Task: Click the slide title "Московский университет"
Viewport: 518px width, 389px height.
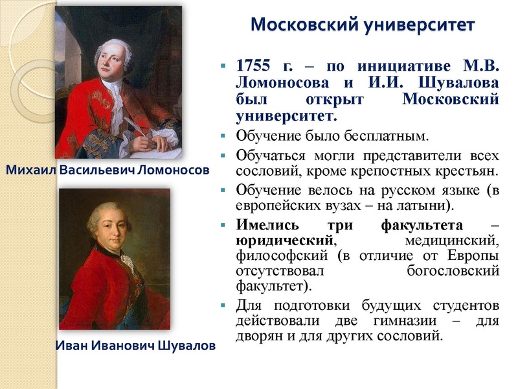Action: pos(363,25)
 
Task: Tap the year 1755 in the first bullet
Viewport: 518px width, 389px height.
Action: pos(255,67)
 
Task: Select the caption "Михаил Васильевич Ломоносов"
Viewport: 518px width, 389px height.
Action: pos(107,171)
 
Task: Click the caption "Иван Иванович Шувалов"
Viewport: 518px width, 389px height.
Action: pos(135,346)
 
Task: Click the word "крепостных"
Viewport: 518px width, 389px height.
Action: pos(401,172)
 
